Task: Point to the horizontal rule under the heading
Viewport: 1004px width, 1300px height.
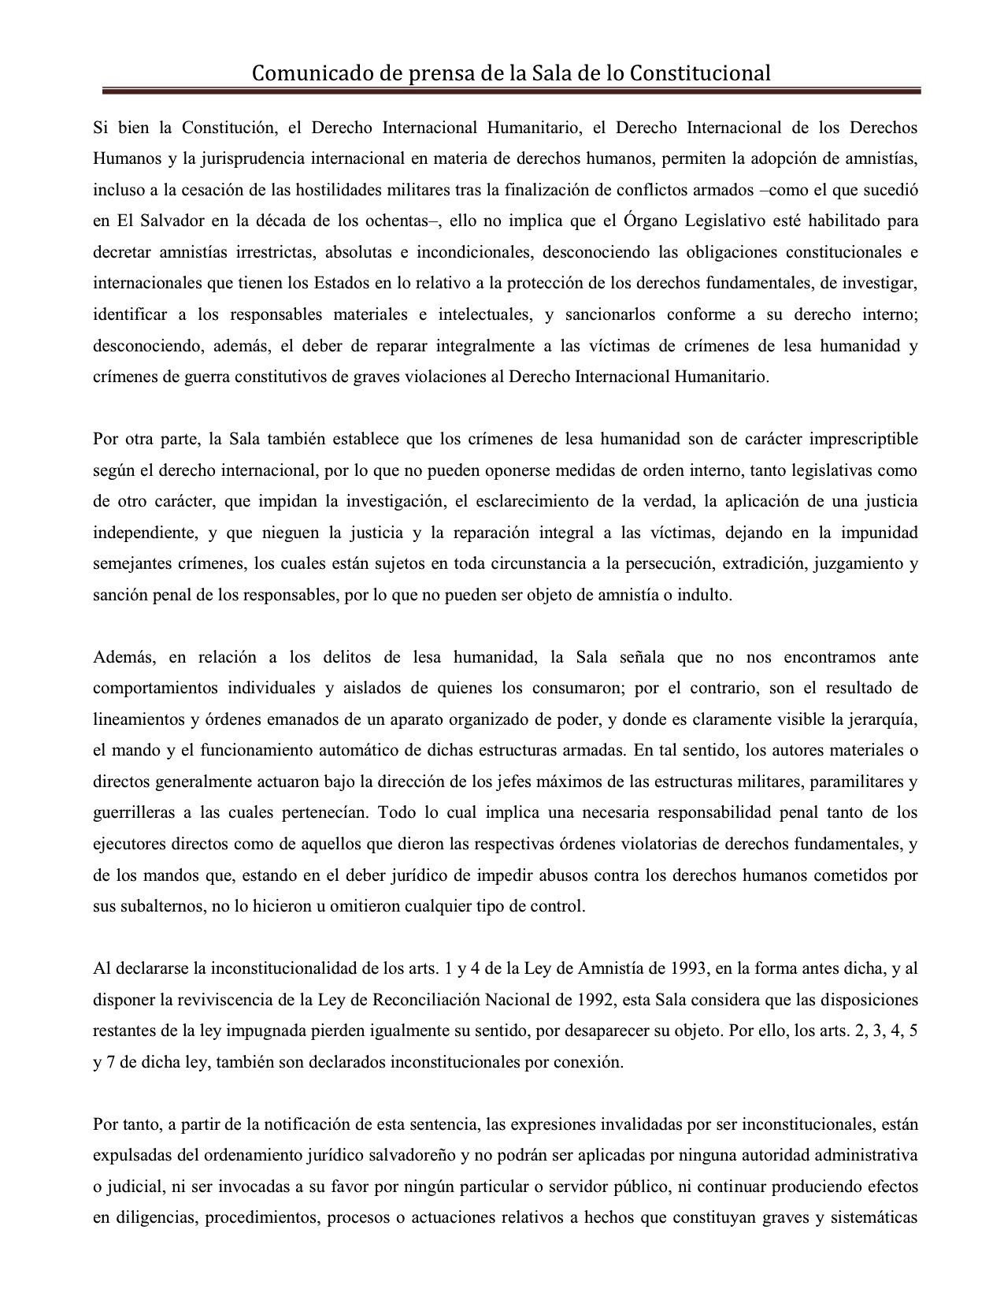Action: [x=507, y=91]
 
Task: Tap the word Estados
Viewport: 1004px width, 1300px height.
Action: [x=343, y=283]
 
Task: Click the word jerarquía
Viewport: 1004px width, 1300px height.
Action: [x=880, y=719]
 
